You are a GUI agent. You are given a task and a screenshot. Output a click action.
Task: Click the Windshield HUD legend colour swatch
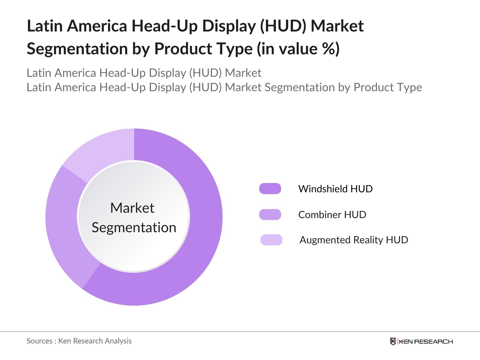pyautogui.click(x=270, y=189)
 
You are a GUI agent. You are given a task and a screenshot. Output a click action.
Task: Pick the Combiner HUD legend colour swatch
pyautogui.click(x=270, y=214)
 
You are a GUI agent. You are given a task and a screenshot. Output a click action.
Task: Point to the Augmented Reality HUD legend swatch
pyautogui.click(x=271, y=240)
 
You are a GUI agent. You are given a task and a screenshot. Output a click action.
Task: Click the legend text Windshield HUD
pyautogui.click(x=335, y=189)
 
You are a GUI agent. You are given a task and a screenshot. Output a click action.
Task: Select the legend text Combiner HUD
pyautogui.click(x=332, y=214)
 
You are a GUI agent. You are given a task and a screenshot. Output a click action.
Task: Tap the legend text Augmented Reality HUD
pyautogui.click(x=354, y=240)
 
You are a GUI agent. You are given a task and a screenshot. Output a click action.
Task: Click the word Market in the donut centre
pyautogui.click(x=132, y=208)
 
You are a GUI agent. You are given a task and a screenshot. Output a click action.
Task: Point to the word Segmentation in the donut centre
pyautogui.click(x=134, y=227)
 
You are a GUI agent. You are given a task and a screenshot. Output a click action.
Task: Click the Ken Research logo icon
pyautogui.click(x=393, y=341)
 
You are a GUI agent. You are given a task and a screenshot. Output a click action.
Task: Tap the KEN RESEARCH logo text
pyautogui.click(x=426, y=341)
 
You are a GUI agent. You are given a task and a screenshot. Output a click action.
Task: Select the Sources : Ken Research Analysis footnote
pyautogui.click(x=79, y=341)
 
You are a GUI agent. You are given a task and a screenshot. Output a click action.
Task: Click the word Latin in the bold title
pyautogui.click(x=45, y=26)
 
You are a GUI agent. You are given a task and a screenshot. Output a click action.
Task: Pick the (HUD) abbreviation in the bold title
pyautogui.click(x=283, y=26)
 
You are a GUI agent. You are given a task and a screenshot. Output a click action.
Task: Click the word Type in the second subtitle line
pyautogui.click(x=409, y=87)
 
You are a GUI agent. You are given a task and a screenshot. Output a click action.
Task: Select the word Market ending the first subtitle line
pyautogui.click(x=243, y=73)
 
